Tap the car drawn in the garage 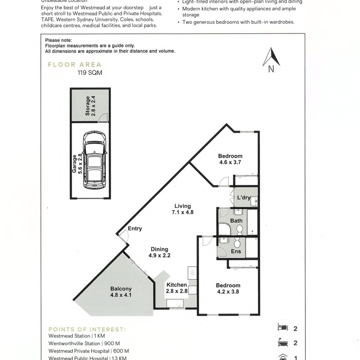pyautogui.click(x=95, y=160)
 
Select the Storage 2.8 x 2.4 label pyautogui.click(x=90, y=106)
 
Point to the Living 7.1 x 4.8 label pyautogui.click(x=182, y=209)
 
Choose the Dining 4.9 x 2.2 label pyautogui.click(x=160, y=252)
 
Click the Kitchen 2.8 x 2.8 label pyautogui.click(x=177, y=288)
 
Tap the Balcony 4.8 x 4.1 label pyautogui.click(x=121, y=292)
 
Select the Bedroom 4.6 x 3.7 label pyautogui.click(x=230, y=159)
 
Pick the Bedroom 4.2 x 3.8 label pyautogui.click(x=228, y=288)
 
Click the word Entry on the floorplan pyautogui.click(x=135, y=228)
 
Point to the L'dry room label pyautogui.click(x=243, y=197)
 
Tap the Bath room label pyautogui.click(x=236, y=221)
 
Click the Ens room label pyautogui.click(x=235, y=251)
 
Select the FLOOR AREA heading pyautogui.click(x=75, y=65)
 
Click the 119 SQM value pyautogui.click(x=90, y=72)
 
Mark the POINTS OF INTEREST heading pyautogui.click(x=87, y=329)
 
